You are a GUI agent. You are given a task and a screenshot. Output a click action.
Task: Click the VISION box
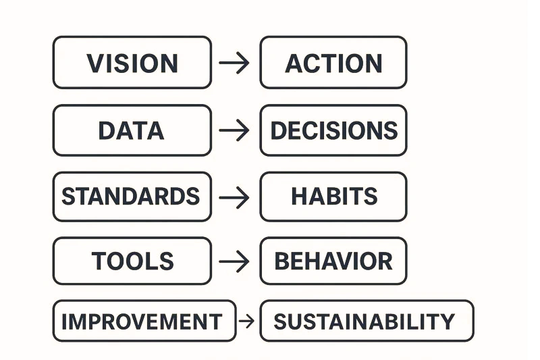tap(132, 63)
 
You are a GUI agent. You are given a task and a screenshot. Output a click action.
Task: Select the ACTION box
tap(333, 63)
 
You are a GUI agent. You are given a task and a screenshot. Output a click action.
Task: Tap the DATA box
tap(132, 130)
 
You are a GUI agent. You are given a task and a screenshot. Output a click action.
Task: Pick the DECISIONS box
tap(333, 130)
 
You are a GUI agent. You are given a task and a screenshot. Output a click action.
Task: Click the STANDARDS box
tap(132, 197)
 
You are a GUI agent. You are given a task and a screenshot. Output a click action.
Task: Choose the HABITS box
tap(333, 197)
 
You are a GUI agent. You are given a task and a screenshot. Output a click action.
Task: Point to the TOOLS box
tap(132, 261)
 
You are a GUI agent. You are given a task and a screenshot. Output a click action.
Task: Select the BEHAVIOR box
tap(333, 261)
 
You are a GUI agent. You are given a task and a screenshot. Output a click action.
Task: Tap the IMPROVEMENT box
tap(144, 321)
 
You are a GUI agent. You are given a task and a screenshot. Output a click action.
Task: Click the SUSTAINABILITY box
tap(367, 321)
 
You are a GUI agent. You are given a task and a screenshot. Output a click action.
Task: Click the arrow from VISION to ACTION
tap(234, 63)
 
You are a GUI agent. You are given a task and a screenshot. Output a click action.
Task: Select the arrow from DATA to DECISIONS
tap(234, 130)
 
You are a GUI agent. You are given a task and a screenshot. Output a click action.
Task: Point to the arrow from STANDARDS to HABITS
tap(234, 197)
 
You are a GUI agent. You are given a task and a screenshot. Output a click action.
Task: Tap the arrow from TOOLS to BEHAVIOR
tap(234, 261)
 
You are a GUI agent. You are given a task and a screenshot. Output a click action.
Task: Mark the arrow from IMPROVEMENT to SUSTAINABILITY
tap(247, 321)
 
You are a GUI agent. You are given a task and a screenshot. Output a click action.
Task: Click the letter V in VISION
tap(95, 63)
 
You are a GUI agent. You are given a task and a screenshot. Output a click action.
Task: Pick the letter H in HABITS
tap(298, 197)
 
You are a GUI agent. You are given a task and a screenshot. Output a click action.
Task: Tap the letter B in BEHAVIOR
tap(282, 261)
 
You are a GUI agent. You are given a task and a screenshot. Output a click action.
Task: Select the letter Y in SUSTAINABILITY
tap(448, 322)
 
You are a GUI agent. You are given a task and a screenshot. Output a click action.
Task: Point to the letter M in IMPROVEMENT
tap(81, 322)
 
